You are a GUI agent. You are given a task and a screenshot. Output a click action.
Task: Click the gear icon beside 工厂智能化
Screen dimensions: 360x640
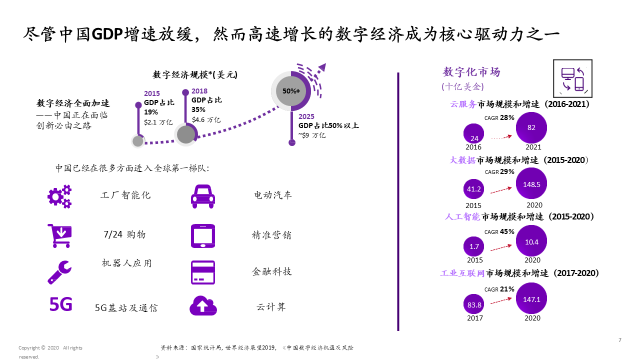tap(59, 196)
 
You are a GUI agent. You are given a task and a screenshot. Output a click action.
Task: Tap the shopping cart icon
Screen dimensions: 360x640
tap(59, 235)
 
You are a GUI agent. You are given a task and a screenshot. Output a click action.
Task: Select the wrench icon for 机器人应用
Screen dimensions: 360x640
tap(59, 272)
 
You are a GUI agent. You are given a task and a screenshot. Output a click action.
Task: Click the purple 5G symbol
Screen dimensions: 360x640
tap(60, 303)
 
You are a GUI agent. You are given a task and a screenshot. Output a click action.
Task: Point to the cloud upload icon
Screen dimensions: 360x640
tap(203, 305)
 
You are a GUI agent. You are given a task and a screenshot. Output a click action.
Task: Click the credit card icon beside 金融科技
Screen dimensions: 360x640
tap(203, 272)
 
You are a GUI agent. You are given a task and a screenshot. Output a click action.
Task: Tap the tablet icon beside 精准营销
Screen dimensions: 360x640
tap(203, 235)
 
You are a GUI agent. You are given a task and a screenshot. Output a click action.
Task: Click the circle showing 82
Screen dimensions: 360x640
tap(531, 128)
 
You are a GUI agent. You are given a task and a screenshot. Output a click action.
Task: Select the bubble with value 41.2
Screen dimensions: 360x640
tap(473, 189)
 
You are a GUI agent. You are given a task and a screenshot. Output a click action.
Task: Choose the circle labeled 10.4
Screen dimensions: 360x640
tap(531, 241)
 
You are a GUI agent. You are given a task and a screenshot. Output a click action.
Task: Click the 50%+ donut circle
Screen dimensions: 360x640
tap(291, 91)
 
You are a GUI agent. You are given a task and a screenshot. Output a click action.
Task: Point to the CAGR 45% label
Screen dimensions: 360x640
tap(499, 231)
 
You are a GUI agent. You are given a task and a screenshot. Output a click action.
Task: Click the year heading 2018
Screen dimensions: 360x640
tap(199, 91)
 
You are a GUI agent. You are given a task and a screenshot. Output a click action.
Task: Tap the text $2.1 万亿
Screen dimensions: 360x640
tap(158, 122)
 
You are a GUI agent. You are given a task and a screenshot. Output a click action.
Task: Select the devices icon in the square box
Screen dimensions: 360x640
tap(572, 78)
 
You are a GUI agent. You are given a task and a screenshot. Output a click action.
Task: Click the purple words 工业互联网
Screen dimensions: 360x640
tap(462, 273)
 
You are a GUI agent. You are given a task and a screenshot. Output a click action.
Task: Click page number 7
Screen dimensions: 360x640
tap(620, 340)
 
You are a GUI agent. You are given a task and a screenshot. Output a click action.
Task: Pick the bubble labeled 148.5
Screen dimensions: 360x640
tap(531, 184)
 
